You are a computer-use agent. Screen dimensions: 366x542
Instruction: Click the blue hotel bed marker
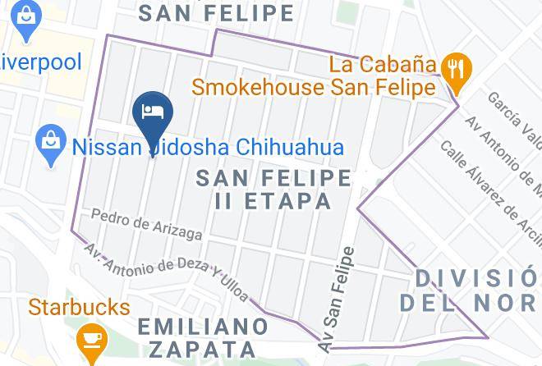coord(153,112)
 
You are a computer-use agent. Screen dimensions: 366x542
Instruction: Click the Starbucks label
coord(79,308)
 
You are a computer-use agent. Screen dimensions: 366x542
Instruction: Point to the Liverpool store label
coord(39,62)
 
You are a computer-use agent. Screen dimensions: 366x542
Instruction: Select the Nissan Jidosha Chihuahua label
coord(208,148)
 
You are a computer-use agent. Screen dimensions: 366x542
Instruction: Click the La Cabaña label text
coord(382,63)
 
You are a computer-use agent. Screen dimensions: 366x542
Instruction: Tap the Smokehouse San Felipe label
coord(313,86)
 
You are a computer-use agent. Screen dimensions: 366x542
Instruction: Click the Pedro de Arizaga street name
coord(147,222)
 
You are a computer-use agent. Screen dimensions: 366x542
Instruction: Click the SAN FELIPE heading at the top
coord(216,13)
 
